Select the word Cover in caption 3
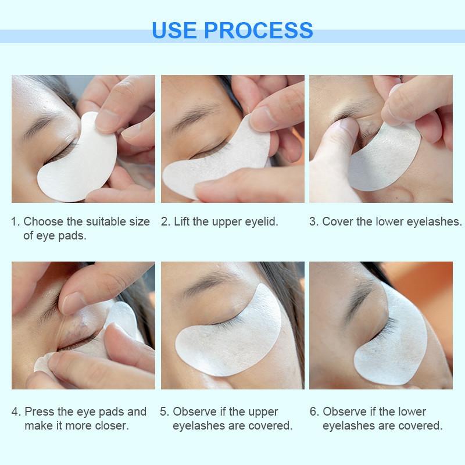coord(336,221)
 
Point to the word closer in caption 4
coord(111,426)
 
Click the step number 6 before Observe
coord(313,412)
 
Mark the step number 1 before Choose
coord(15,221)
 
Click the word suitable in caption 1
coord(110,221)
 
